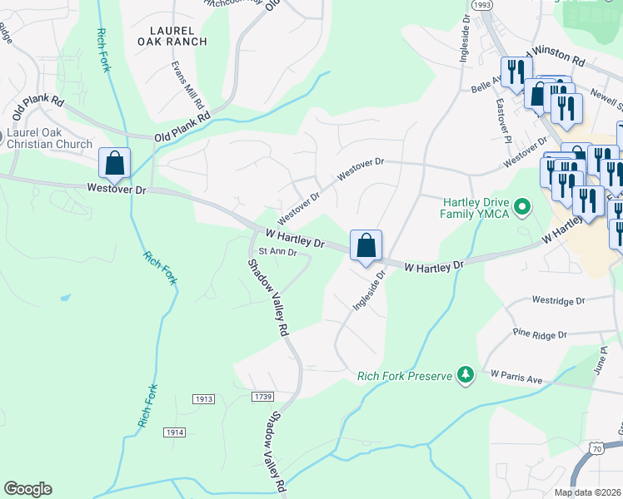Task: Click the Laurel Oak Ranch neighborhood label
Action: (x=172, y=35)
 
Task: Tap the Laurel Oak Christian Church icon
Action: (x=2, y=136)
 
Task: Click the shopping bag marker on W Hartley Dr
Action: (x=366, y=245)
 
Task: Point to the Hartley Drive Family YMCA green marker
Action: (x=522, y=205)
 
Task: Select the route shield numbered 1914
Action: (x=174, y=432)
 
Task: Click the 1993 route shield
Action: (x=481, y=5)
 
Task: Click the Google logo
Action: (x=27, y=489)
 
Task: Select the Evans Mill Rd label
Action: (x=188, y=86)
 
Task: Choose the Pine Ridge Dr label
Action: (x=539, y=334)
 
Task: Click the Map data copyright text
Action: (x=588, y=492)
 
